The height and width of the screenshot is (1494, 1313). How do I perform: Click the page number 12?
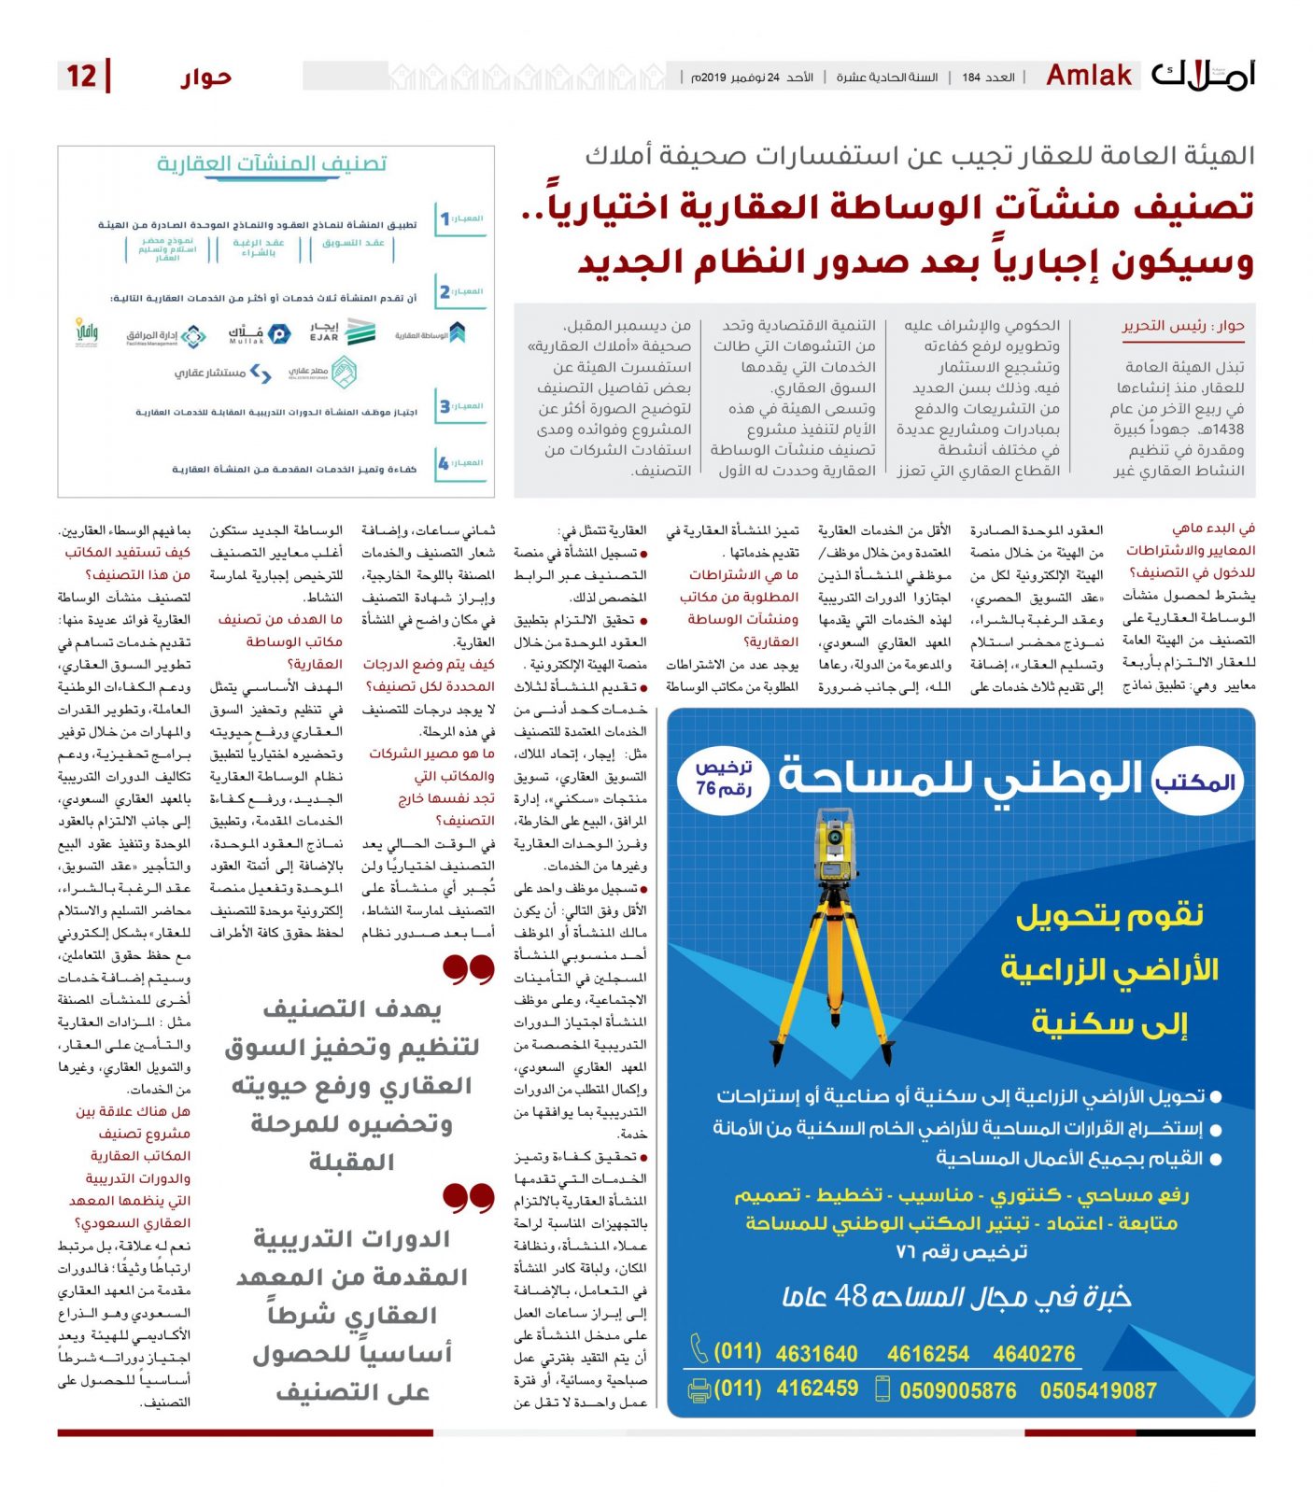coord(81,76)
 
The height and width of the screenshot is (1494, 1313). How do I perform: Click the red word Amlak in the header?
coord(1089,75)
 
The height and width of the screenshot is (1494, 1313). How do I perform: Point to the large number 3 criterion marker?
coord(445,406)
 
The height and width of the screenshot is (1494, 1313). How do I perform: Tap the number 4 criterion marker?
coord(445,463)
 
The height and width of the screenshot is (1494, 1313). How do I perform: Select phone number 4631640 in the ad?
coord(816,1354)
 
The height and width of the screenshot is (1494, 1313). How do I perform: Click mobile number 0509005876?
coord(957,1390)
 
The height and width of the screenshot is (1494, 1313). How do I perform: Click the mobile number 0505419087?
coord(1097,1390)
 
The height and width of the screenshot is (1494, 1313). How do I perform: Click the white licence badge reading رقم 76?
coord(724,779)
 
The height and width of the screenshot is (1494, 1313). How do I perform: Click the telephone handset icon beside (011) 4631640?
coord(699,1349)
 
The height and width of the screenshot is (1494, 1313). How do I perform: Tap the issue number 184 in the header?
coord(971,78)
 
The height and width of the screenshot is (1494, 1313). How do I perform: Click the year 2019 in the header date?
coord(713,78)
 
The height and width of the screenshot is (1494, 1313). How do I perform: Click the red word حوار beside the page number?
coord(206,77)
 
